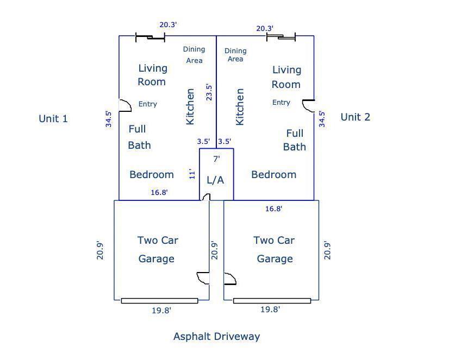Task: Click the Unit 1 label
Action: click(x=53, y=118)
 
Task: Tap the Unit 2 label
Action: click(x=356, y=117)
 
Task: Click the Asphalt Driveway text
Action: click(x=216, y=337)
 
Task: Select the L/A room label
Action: click(x=215, y=180)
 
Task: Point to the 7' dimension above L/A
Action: click(x=216, y=159)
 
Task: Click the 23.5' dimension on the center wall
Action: click(x=209, y=92)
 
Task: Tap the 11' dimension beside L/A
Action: click(x=192, y=175)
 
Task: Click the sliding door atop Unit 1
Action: click(x=150, y=37)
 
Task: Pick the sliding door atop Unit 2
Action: click(x=281, y=37)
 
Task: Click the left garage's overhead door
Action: click(x=159, y=301)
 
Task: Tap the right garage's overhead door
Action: click(x=272, y=301)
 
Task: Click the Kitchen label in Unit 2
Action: click(x=239, y=106)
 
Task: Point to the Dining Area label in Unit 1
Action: click(x=194, y=55)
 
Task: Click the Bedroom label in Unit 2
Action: click(x=274, y=175)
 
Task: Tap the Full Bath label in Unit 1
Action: click(x=140, y=137)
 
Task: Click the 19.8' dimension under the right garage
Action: click(x=270, y=310)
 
